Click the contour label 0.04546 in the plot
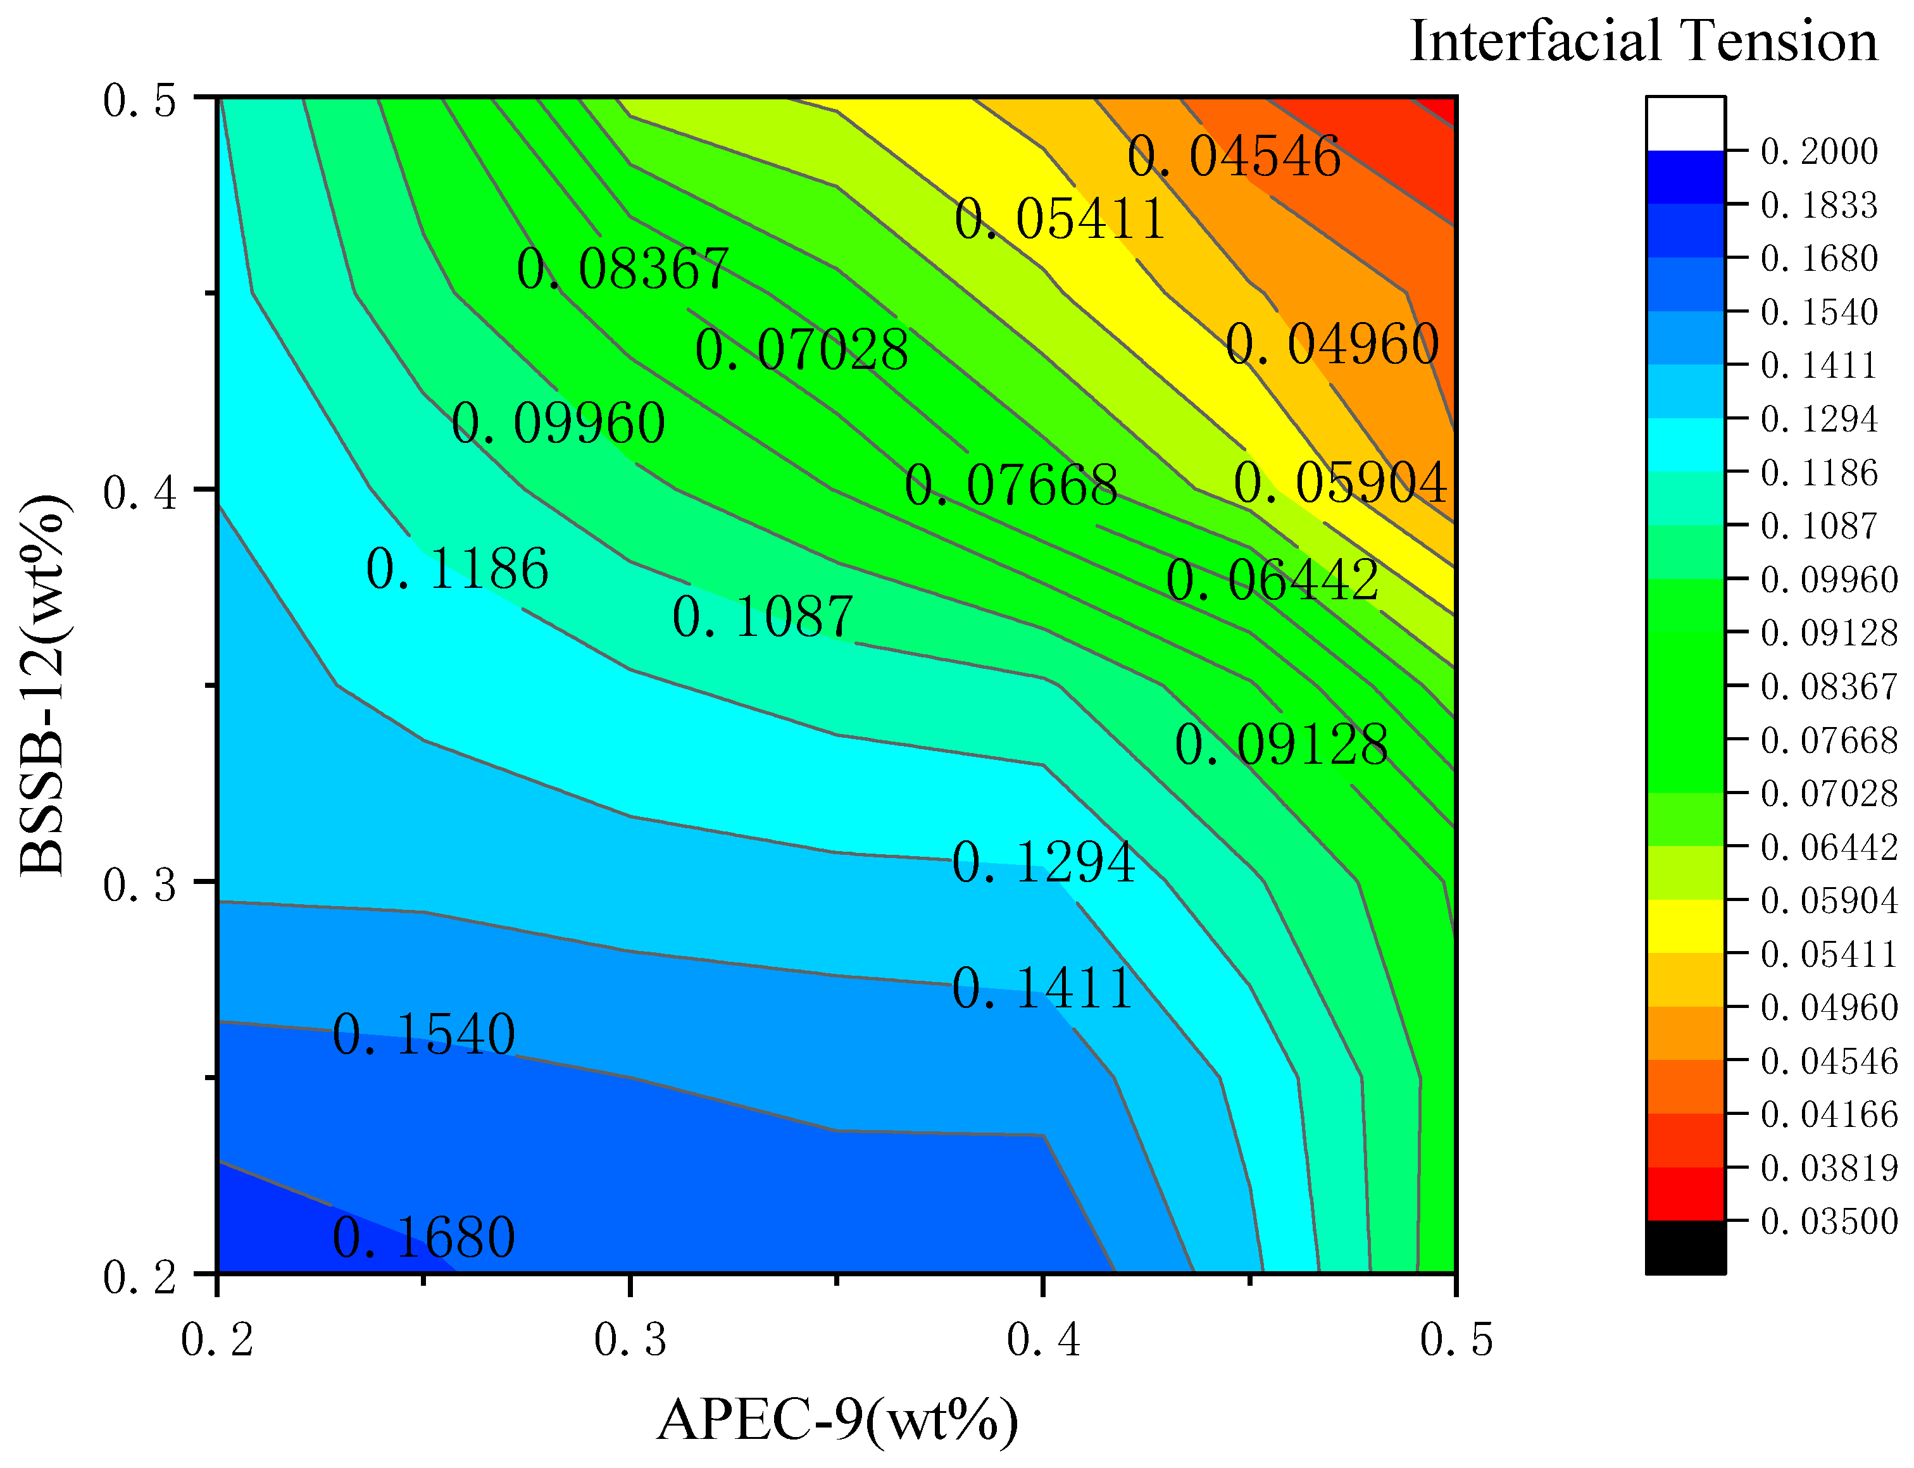coord(1233,158)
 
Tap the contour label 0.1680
coord(424,1238)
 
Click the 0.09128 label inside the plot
coord(1281,746)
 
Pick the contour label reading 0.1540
coord(424,1035)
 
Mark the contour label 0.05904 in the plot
coord(1341,483)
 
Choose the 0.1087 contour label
coord(762,618)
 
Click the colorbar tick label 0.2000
coord(1818,152)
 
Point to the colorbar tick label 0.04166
coord(1829,1115)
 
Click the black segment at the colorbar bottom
coord(1685,1247)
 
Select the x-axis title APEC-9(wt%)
coord(837,1421)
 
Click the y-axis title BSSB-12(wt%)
coord(42,684)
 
